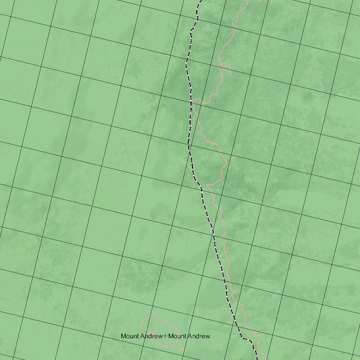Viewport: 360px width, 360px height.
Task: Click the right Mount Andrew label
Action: coord(189,336)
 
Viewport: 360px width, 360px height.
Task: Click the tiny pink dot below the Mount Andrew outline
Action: coord(182,349)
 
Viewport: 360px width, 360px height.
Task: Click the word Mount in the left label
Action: coord(130,336)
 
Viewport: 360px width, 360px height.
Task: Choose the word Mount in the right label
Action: coord(177,336)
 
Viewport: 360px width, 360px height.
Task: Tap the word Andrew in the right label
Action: coord(199,336)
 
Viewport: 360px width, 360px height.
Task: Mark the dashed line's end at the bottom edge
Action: coord(257,359)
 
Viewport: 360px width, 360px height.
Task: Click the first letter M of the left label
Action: coord(123,336)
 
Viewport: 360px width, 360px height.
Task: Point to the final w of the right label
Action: coord(208,336)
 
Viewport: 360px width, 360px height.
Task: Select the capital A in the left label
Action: coord(142,336)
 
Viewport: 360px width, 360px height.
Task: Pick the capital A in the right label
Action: coord(190,336)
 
